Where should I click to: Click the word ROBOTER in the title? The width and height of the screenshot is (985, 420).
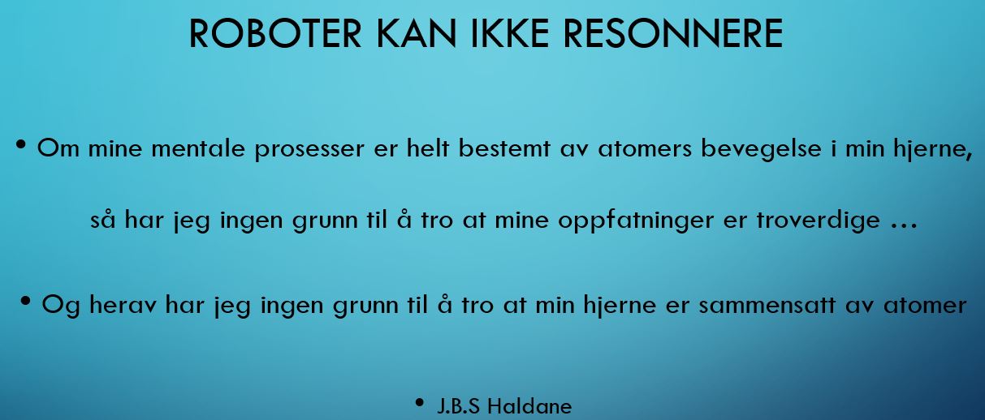275,33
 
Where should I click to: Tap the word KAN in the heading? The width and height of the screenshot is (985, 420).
416,33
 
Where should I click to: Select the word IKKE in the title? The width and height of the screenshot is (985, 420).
510,33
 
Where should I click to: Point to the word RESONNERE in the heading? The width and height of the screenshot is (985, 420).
673,33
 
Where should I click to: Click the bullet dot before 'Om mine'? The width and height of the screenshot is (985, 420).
20,144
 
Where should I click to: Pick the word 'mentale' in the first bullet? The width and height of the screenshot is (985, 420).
198,148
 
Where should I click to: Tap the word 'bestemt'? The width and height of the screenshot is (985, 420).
504,148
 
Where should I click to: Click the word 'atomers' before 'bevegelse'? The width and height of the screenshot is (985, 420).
645,148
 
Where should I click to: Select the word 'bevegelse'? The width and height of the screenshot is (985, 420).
761,150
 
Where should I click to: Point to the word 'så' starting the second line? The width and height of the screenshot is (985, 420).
103,219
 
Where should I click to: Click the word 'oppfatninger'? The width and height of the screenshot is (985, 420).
636,221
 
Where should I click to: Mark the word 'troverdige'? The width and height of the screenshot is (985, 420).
819,221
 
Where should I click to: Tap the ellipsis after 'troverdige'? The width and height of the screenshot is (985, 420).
904,226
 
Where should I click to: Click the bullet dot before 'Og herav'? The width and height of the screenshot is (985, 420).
25,301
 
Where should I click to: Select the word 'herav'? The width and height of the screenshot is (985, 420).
123,305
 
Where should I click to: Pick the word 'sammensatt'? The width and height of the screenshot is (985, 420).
767,305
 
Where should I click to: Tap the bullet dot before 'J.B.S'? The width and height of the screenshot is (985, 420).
419,402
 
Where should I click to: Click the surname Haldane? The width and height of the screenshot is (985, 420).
530,406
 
